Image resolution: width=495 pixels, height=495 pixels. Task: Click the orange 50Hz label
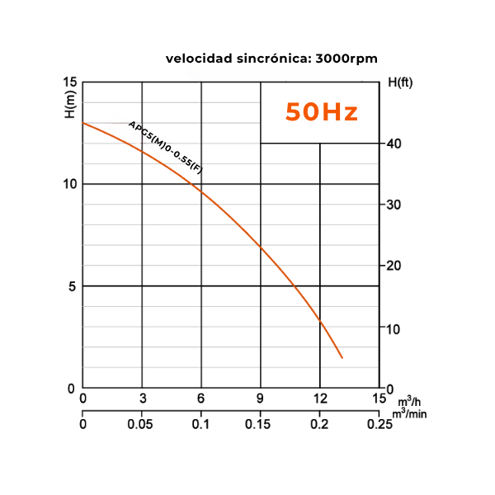click(322, 112)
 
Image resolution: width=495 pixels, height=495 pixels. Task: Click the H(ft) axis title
click(400, 83)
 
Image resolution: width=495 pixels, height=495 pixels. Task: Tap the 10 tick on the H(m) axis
click(69, 183)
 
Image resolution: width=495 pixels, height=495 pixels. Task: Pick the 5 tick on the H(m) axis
click(72, 285)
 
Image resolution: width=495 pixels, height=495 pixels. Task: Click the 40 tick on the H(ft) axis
click(395, 144)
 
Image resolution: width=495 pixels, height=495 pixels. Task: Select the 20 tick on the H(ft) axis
click(395, 266)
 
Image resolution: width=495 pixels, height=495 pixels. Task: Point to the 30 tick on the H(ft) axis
click(395, 205)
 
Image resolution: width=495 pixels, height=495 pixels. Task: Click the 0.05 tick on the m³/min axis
click(142, 424)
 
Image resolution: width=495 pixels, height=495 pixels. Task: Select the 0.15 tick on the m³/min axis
click(260, 424)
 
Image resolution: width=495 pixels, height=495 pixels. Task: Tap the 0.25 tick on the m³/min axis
click(379, 424)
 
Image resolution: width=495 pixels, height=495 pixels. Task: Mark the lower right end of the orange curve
click(342, 357)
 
